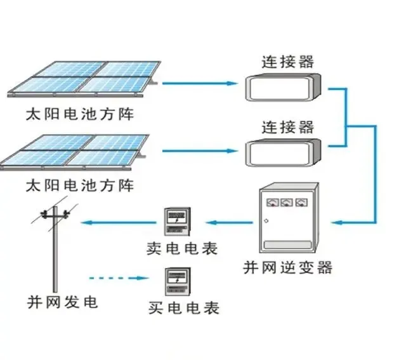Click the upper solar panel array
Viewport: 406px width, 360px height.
pyautogui.click(x=86, y=81)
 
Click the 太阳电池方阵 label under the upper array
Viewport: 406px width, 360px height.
pyautogui.click(x=80, y=115)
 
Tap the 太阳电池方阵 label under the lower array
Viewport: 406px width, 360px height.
pyautogui.click(x=80, y=185)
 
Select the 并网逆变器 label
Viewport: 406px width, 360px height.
pyautogui.click(x=287, y=267)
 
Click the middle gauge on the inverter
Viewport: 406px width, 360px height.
pyautogui.click(x=287, y=203)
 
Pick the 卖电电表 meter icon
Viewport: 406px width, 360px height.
pyautogui.click(x=179, y=222)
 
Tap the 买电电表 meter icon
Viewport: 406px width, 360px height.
pyautogui.click(x=179, y=281)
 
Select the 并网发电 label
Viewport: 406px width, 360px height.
pyautogui.click(x=62, y=302)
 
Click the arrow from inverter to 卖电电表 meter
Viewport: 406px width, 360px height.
pyautogui.click(x=232, y=222)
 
